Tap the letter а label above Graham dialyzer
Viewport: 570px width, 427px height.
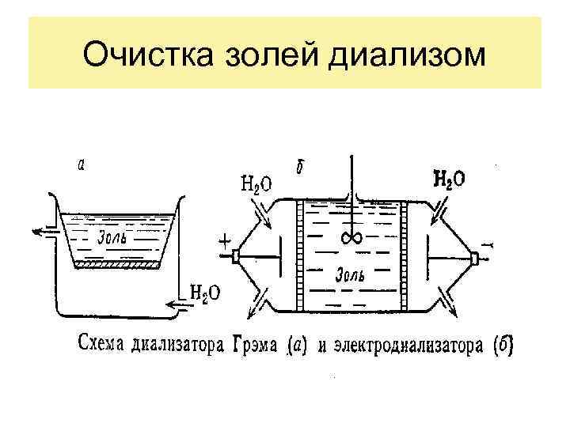click(x=82, y=166)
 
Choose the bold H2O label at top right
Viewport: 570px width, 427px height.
click(x=449, y=180)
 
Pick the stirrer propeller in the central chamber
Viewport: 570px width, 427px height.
click(x=349, y=237)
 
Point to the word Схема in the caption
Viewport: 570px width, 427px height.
click(x=101, y=346)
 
